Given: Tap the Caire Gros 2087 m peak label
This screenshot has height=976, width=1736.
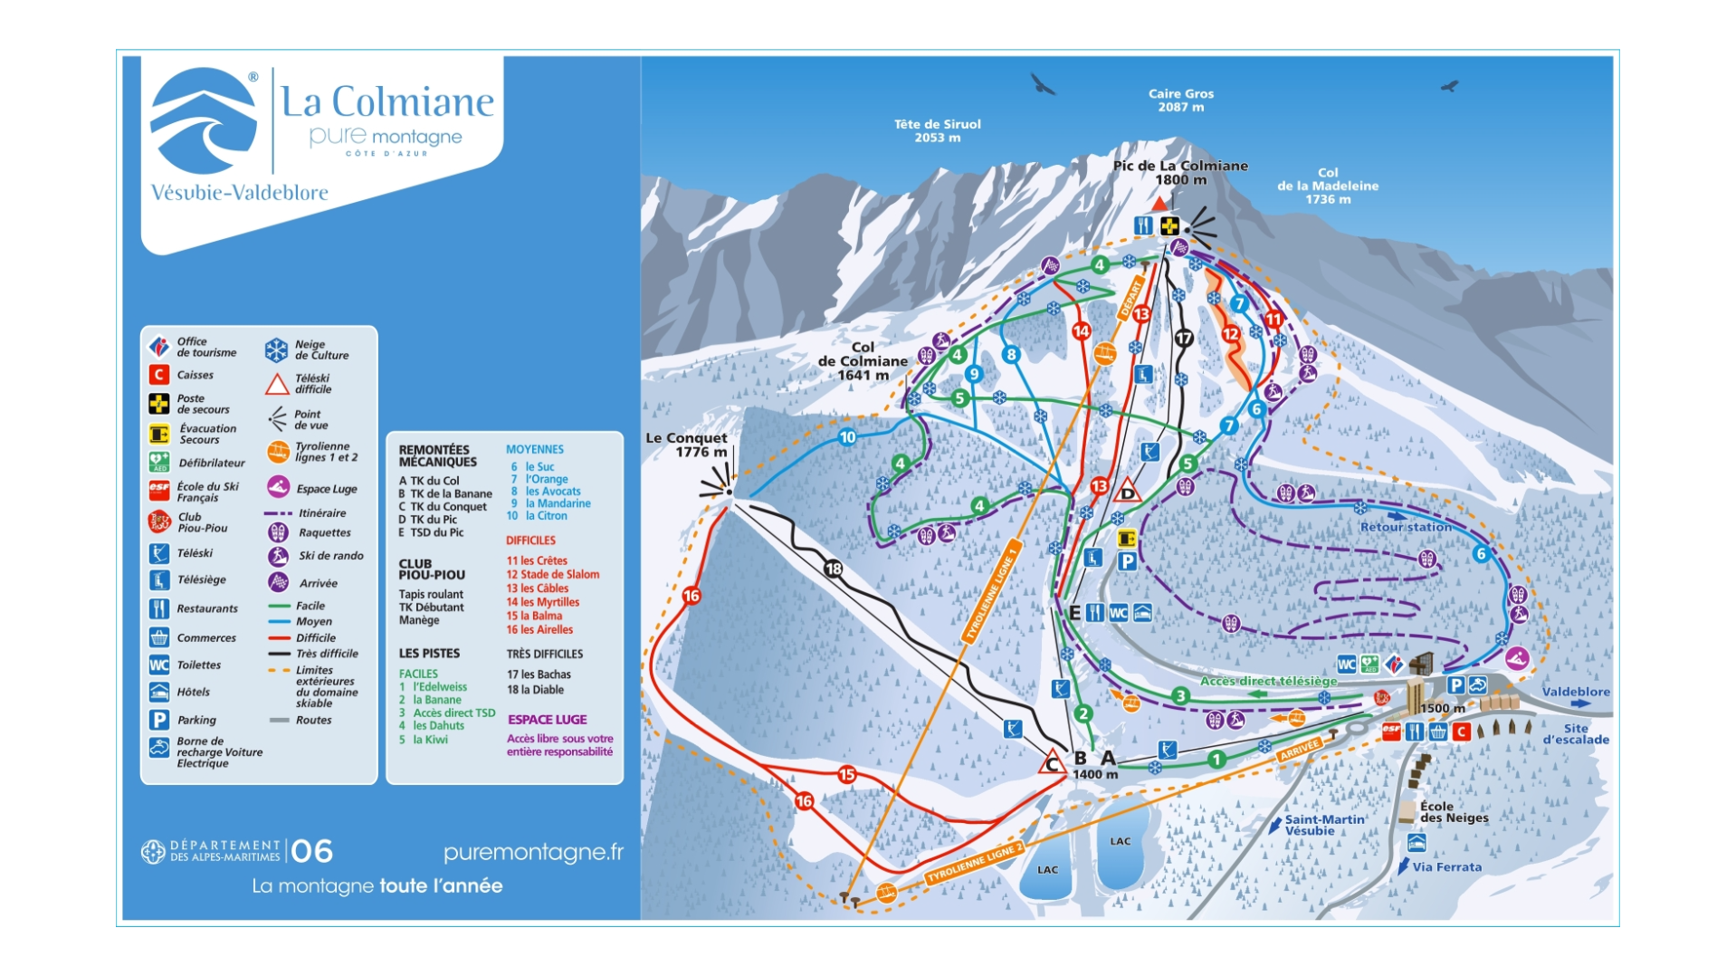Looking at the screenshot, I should tap(1180, 100).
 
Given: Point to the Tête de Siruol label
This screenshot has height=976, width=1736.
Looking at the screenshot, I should tap(937, 130).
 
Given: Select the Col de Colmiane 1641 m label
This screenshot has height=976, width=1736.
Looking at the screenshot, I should tap(862, 360).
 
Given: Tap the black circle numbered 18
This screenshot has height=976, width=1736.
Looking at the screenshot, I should tap(833, 569).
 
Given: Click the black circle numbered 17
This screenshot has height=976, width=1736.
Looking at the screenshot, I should tap(1184, 338).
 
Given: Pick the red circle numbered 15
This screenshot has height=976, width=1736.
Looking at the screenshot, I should tap(846, 774).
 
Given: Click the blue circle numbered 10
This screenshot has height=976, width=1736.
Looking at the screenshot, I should tap(847, 437).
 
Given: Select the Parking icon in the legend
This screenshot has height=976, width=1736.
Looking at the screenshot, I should tap(159, 720).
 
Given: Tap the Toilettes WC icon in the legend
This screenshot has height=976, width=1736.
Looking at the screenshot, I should tap(159, 665).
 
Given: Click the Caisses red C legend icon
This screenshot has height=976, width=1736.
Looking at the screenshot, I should tap(159, 375).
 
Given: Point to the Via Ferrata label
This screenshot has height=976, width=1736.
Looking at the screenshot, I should tap(1446, 866).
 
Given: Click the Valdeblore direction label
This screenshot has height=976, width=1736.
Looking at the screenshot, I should tap(1575, 692).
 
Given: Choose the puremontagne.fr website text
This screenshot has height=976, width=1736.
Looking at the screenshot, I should tap(533, 852).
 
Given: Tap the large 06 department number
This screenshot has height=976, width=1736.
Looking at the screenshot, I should tap(311, 851).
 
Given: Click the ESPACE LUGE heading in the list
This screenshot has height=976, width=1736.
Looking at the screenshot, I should tap(547, 720).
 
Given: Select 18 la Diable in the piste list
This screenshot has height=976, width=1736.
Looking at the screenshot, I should tap(535, 690).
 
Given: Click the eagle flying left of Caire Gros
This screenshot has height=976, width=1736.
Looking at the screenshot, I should tap(1043, 85).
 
